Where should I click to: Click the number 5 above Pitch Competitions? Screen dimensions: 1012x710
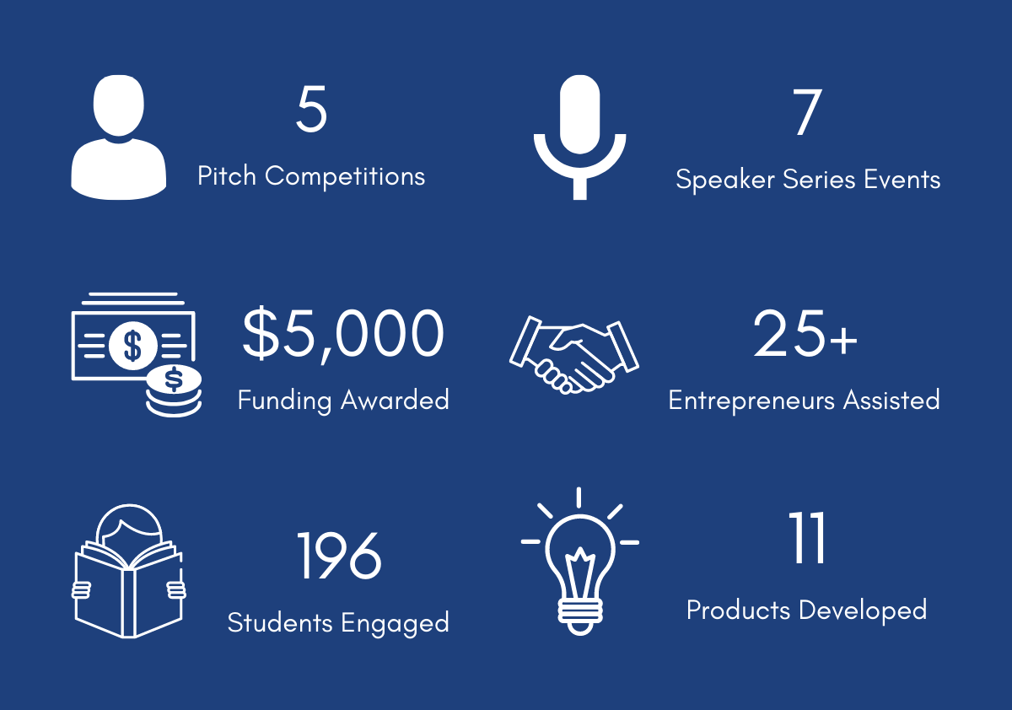(x=311, y=110)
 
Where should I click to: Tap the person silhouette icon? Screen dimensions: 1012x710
(x=118, y=137)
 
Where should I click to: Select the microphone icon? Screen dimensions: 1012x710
(x=579, y=137)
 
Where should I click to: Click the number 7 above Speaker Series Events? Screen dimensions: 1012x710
(x=807, y=112)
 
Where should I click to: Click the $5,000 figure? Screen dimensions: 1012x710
(x=343, y=334)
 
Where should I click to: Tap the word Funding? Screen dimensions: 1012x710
(x=285, y=401)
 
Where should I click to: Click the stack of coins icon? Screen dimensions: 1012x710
(x=174, y=391)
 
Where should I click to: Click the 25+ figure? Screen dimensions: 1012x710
(x=805, y=334)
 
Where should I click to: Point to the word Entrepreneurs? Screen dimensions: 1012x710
(x=751, y=401)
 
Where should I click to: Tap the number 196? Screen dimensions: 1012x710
(x=339, y=556)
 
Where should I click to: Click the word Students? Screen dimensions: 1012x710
(x=280, y=622)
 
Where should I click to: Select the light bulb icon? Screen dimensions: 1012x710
(x=580, y=562)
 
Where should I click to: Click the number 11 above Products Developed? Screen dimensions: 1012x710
(x=807, y=537)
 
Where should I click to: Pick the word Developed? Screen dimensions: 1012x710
(x=863, y=610)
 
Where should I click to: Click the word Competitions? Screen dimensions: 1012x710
(x=345, y=176)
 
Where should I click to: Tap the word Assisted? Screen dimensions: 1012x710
(x=892, y=401)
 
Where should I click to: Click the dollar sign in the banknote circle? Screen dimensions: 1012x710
(x=132, y=345)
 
